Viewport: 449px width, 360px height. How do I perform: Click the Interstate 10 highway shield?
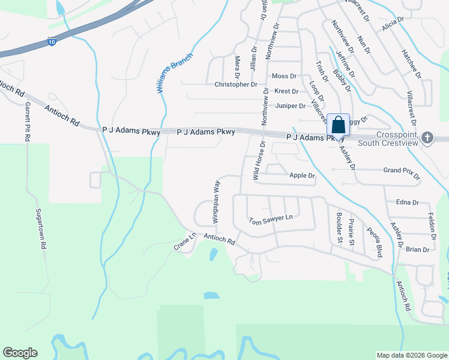point(53,43)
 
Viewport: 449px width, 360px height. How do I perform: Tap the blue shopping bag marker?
point(338,125)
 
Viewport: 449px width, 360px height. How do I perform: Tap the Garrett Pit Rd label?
point(28,121)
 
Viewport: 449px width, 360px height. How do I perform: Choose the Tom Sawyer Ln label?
point(271,219)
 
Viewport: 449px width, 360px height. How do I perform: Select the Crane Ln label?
point(185,242)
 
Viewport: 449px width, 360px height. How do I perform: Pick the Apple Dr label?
point(302,176)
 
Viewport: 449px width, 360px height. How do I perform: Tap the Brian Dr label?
point(418,250)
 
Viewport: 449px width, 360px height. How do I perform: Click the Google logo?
point(20,353)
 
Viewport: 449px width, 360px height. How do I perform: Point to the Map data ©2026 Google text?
point(411,355)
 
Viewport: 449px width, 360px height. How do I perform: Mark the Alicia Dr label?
point(393,24)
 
